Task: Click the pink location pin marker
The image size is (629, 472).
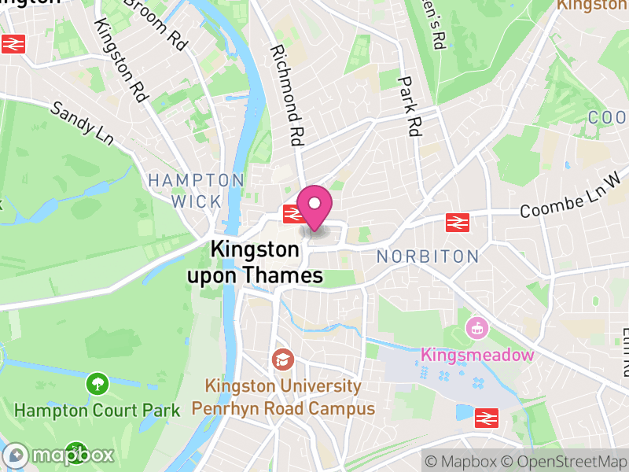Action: tap(314, 207)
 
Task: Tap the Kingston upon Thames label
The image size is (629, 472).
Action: tap(255, 263)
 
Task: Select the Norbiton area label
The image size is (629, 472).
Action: tap(427, 256)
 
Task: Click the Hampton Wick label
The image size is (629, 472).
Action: tap(196, 191)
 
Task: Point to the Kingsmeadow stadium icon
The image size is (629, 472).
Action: tap(476, 329)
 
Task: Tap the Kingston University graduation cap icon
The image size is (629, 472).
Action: tap(281, 360)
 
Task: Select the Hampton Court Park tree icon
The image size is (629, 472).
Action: tap(97, 384)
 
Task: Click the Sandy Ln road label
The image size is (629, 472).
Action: tap(82, 122)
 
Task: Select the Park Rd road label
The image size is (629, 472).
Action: tap(410, 106)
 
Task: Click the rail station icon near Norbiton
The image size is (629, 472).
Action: tap(457, 223)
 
